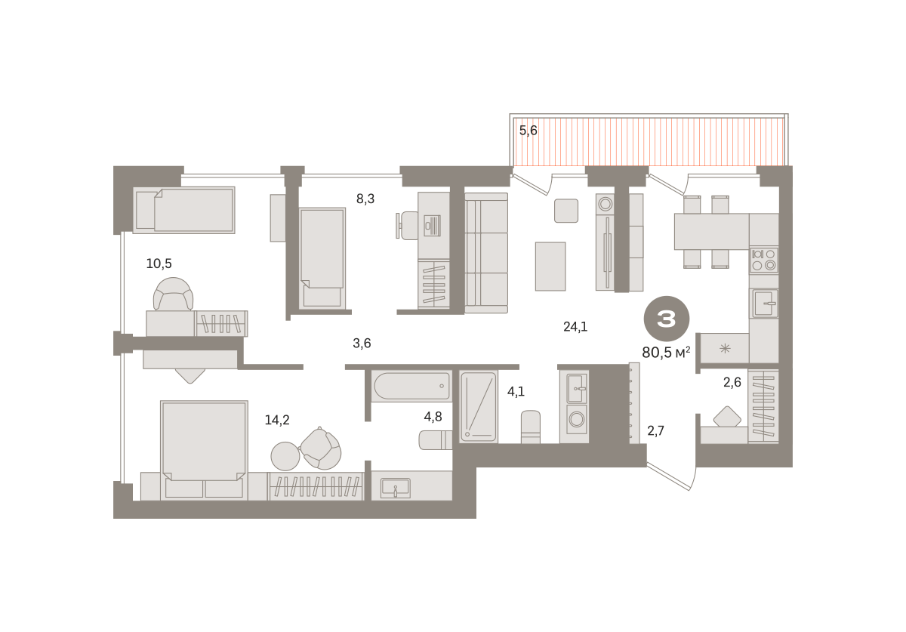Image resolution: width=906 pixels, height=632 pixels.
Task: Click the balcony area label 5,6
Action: tap(528, 131)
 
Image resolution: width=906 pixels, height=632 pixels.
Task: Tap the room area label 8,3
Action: tap(365, 199)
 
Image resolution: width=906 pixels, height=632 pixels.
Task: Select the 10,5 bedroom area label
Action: tap(159, 264)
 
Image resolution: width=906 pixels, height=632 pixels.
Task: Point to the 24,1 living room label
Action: tap(575, 326)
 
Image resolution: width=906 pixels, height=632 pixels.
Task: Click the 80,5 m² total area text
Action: tap(666, 353)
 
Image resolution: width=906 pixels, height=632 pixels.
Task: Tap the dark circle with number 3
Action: tap(667, 319)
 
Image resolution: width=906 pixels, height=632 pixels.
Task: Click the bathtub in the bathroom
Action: tap(412, 386)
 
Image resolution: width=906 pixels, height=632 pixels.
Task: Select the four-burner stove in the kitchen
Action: tap(763, 260)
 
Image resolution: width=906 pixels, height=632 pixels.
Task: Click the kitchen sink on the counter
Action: tap(764, 303)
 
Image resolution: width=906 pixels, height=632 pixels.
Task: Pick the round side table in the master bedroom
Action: tap(285, 456)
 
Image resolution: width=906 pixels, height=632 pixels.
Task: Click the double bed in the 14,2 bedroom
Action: tap(204, 450)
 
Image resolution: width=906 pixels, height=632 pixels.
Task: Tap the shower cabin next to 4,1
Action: tap(479, 407)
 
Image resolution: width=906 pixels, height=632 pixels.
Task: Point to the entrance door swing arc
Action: tap(694, 479)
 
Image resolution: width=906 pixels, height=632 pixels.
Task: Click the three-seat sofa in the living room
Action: tap(486, 253)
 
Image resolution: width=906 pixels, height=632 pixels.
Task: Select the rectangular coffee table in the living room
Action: tap(550, 267)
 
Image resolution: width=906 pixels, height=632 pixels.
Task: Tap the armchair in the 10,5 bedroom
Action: tap(173, 294)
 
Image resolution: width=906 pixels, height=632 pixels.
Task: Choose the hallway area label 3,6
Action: tap(362, 343)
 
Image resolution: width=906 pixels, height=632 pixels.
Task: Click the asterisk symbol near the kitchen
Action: tap(725, 348)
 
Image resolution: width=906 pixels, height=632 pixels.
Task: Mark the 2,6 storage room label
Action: tap(732, 382)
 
